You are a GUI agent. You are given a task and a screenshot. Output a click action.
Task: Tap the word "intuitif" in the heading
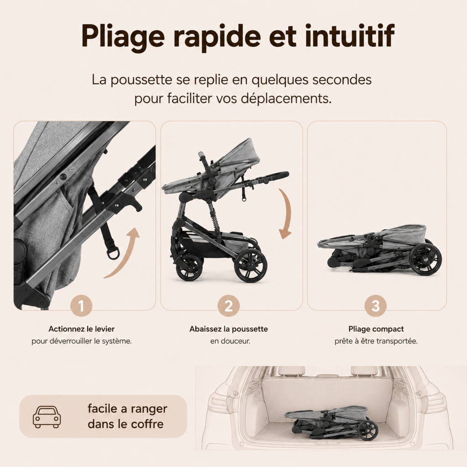[x=350, y=35]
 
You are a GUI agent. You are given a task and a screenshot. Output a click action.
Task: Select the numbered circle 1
[x=81, y=306]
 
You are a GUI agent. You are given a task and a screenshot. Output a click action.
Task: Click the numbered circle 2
[x=228, y=306]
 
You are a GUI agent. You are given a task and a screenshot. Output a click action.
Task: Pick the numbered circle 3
[x=376, y=306]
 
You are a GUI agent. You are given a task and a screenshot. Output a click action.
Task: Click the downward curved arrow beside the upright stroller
[x=286, y=213]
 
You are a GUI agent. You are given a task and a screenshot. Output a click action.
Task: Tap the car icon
[x=47, y=417]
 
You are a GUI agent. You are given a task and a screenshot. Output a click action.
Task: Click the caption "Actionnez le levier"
[x=81, y=329]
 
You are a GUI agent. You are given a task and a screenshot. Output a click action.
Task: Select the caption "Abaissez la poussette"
[x=228, y=329]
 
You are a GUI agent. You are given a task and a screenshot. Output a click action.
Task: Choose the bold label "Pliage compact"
[x=376, y=329]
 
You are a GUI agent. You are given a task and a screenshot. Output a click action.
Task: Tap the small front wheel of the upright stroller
[x=189, y=267]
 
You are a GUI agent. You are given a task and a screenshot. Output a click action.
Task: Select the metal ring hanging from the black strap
[x=113, y=254]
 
